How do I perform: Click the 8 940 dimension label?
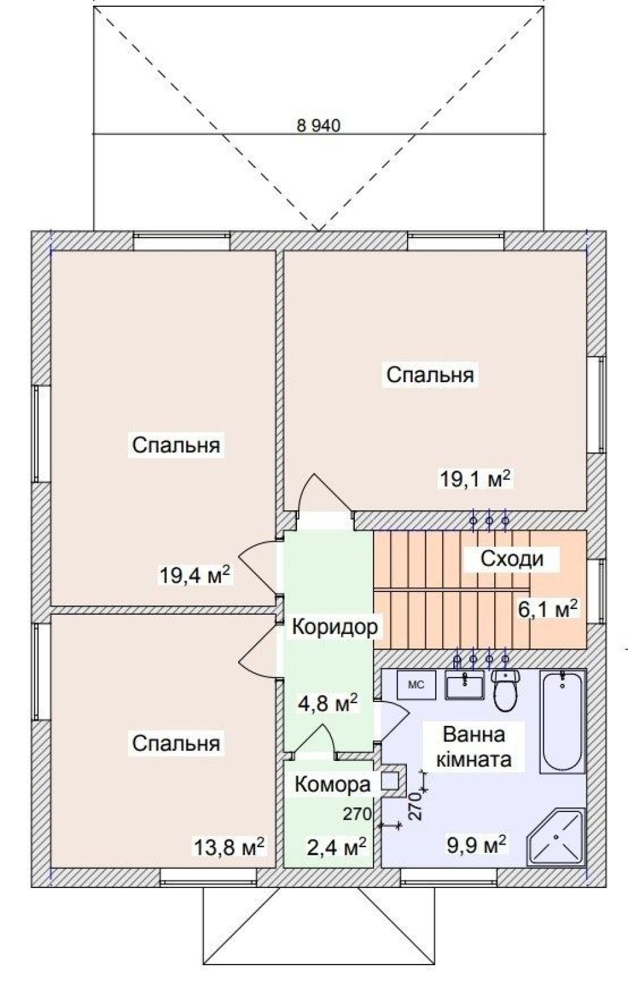coord(318,126)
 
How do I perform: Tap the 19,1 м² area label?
coord(475,479)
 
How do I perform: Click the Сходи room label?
coord(512,559)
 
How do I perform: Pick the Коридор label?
coord(335,627)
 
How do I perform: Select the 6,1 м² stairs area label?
coord(548,609)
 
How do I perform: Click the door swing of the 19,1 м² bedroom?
coord(325,493)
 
